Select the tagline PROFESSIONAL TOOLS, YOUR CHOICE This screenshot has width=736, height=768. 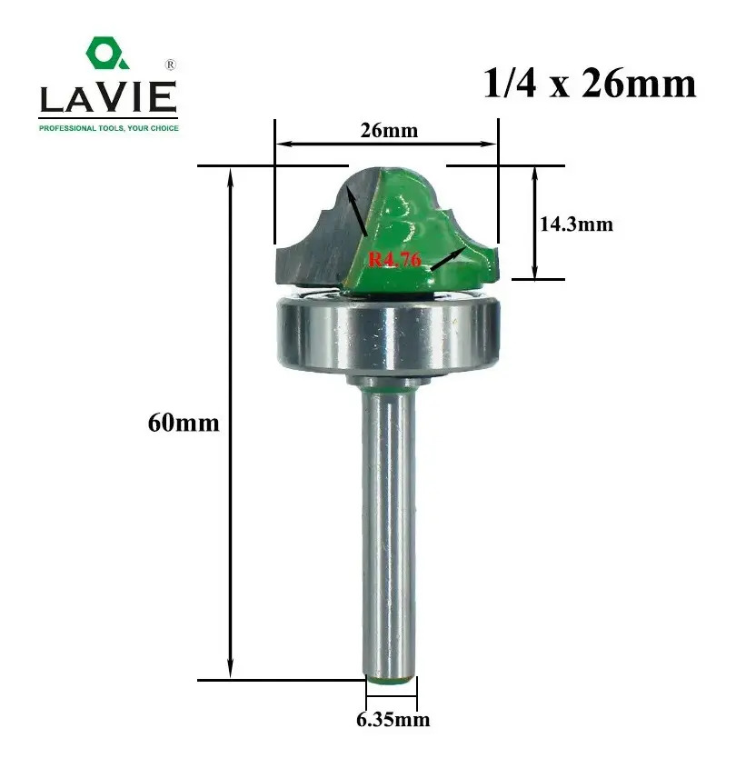[x=109, y=128]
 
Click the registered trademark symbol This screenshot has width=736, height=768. [x=170, y=65]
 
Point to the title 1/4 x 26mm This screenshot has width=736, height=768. [x=590, y=84]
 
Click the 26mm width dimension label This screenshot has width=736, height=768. [x=389, y=131]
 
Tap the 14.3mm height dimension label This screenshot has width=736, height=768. [x=576, y=224]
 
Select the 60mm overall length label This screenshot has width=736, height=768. [x=184, y=423]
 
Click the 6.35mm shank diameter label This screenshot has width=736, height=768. [x=393, y=720]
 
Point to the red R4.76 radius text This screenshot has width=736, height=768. [x=394, y=259]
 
